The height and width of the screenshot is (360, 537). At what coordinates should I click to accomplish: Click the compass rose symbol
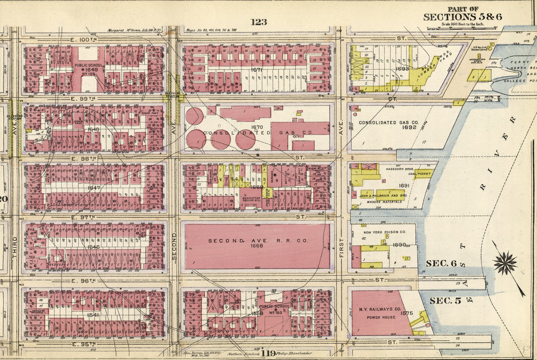coord(504,263)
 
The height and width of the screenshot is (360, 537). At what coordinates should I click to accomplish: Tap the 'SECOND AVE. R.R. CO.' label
coord(256,240)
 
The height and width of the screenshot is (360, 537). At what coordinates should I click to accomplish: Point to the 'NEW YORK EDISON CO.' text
coord(382,231)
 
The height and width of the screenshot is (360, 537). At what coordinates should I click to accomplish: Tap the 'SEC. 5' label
coord(445,300)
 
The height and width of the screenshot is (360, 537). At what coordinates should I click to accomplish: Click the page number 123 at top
coord(259,22)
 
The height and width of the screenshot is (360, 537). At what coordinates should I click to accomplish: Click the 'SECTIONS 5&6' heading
coord(463,17)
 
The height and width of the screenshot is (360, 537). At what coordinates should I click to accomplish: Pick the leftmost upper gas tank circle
coord(194,115)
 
